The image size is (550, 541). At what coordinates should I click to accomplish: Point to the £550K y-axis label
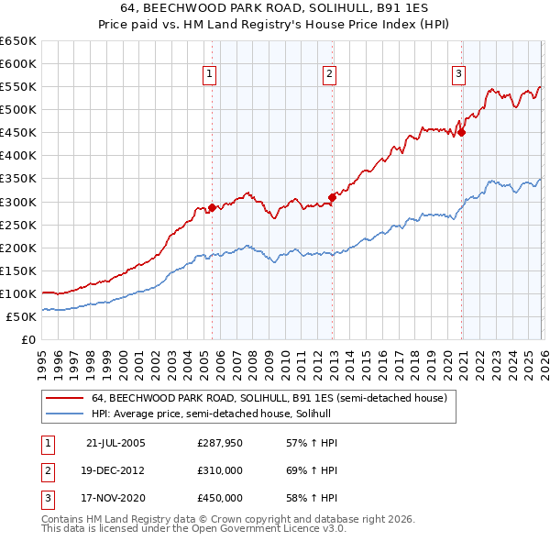18,87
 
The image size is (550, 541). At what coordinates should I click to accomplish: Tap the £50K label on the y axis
22,316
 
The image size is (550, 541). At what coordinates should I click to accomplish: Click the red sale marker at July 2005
212,207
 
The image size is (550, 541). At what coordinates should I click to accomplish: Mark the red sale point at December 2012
332,196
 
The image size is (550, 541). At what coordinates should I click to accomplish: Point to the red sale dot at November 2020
461,132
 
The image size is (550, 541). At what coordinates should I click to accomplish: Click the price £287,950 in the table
219,443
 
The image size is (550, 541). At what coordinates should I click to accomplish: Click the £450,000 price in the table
219,498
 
